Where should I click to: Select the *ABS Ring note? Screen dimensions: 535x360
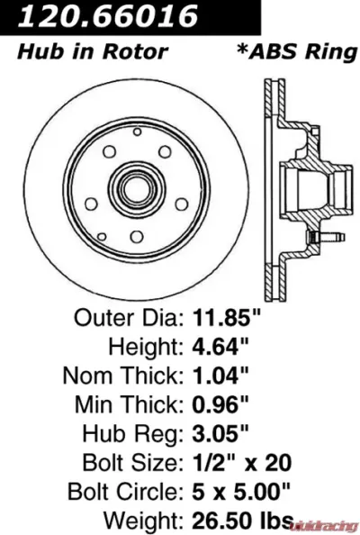[x=296, y=51]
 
